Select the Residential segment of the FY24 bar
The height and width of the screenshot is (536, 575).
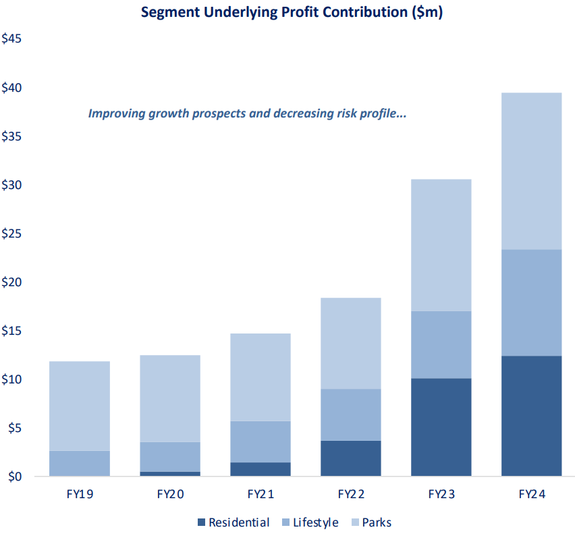coord(531,416)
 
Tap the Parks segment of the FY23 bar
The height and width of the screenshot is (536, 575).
coord(441,245)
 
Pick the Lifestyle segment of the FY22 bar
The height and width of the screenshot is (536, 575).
coord(350,414)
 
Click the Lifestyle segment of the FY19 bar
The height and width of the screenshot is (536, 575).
coord(80,463)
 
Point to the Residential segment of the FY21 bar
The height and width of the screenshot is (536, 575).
coord(260,469)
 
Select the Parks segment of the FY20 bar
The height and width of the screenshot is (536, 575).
coord(170,398)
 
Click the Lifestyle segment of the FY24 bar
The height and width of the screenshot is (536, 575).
coord(531,302)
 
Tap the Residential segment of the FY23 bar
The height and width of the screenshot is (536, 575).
coord(441,427)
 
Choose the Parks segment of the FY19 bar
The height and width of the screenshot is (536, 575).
coord(80,406)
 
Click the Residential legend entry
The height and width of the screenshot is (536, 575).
coord(233,522)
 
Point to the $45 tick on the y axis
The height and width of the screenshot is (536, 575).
coord(12,39)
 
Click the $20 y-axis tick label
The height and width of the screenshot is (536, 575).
coord(12,282)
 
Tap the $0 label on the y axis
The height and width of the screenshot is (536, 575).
coord(15,477)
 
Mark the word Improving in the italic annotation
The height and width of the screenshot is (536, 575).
coord(116,113)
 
